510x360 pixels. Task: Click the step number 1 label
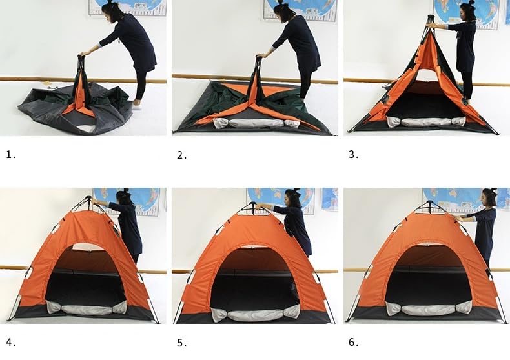[11, 155]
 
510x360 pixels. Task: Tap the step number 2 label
[182, 155]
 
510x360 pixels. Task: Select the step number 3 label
[354, 155]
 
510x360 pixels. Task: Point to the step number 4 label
[11, 342]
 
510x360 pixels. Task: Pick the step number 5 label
[182, 343]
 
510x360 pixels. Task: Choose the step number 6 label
[354, 342]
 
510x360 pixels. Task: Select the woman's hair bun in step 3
[471, 3]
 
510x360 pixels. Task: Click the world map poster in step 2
[301, 10]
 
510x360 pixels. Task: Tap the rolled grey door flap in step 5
[256, 314]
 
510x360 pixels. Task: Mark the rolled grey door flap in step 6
[429, 308]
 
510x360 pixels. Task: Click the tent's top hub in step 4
[88, 199]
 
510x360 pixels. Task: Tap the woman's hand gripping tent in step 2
[260, 56]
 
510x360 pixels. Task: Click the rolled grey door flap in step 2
[256, 123]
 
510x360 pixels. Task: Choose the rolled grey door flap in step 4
[87, 308]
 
